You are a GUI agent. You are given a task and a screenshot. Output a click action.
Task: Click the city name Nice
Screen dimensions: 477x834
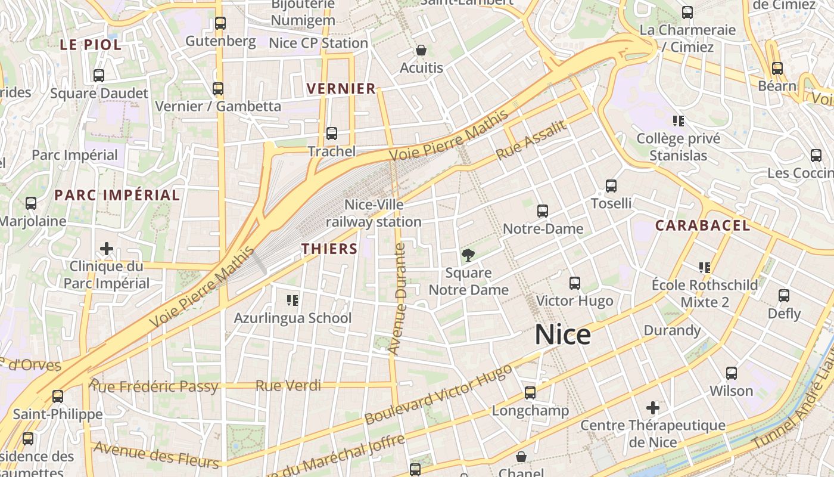(562, 335)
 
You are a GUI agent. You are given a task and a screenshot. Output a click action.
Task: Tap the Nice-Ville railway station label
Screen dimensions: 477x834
(374, 213)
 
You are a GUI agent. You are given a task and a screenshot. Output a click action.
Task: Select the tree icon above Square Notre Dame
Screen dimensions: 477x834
(468, 255)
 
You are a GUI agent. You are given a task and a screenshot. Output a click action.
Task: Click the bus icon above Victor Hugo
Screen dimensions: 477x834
(574, 283)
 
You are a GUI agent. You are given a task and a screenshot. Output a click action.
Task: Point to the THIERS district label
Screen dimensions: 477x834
(329, 249)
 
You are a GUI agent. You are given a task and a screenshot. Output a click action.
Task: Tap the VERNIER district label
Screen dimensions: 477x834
(341, 89)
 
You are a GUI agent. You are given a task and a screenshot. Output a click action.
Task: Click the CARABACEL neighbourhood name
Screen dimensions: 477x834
(702, 225)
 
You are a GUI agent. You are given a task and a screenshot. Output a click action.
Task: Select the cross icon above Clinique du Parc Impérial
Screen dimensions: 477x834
(107, 248)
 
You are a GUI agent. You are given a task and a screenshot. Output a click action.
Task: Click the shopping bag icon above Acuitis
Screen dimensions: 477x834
(421, 50)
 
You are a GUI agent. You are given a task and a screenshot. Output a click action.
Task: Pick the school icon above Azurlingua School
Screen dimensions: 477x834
(292, 300)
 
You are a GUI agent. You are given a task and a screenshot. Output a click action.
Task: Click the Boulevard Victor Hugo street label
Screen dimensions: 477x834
(438, 394)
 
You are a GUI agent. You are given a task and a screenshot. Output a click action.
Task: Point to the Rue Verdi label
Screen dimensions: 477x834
(288, 386)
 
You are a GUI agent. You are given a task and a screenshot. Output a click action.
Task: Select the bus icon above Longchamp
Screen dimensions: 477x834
(530, 393)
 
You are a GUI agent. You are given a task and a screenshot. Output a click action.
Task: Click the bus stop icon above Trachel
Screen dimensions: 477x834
(332, 134)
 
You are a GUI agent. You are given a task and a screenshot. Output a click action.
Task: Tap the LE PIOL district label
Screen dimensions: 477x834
(91, 44)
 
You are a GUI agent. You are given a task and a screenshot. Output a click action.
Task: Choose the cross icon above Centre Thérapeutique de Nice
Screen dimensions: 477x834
(653, 408)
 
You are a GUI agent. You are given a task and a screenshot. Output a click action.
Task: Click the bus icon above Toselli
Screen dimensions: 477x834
(611, 186)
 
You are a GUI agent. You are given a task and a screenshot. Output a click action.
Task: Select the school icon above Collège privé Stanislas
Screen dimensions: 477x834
(678, 121)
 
